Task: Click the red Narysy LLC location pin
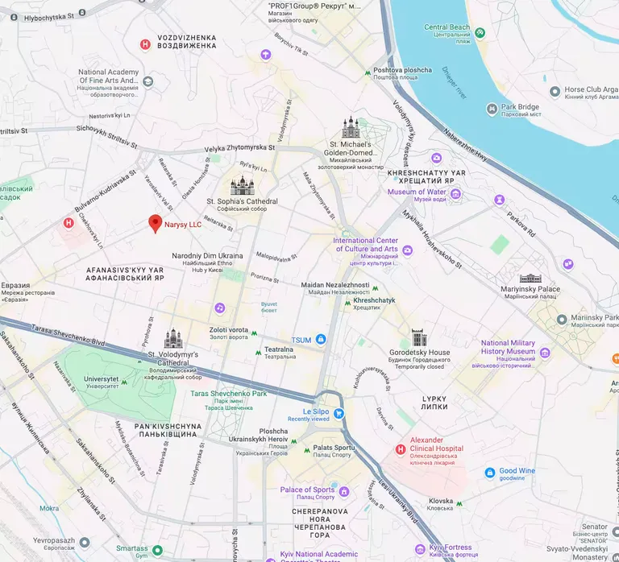pyautogui.click(x=156, y=224)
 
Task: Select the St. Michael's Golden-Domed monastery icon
pyautogui.click(x=351, y=128)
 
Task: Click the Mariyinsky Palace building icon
pyautogui.click(x=530, y=278)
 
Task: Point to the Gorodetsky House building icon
pyautogui.click(x=418, y=337)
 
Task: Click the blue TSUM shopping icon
pyautogui.click(x=321, y=340)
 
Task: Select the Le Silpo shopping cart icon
pyautogui.click(x=339, y=414)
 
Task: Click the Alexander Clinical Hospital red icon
pyautogui.click(x=401, y=448)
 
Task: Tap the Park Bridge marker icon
pyautogui.click(x=492, y=109)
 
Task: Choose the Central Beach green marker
pyautogui.click(x=480, y=33)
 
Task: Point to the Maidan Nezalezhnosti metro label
pyautogui.click(x=334, y=286)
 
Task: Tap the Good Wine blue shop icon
pyautogui.click(x=489, y=473)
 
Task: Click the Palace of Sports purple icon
pyautogui.click(x=344, y=491)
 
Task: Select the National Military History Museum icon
pyautogui.click(x=544, y=352)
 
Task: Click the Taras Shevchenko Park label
pyautogui.click(x=228, y=394)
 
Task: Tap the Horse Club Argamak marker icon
pyautogui.click(x=555, y=92)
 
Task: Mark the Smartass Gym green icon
pyautogui.click(x=158, y=551)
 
